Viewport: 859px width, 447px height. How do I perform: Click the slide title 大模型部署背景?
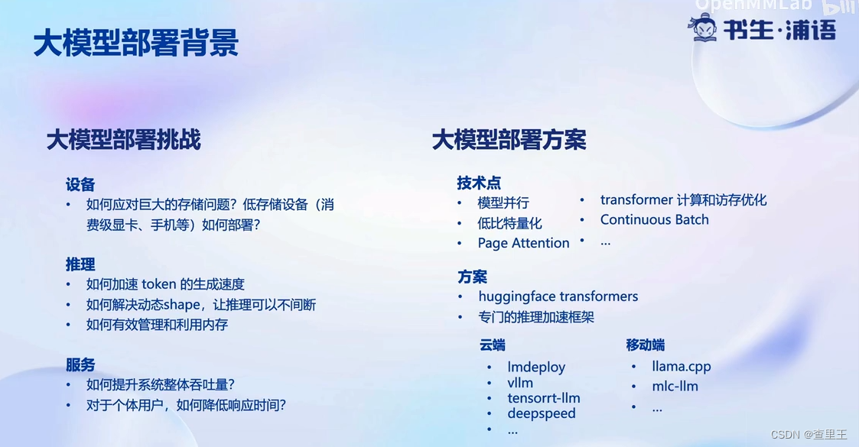(136, 44)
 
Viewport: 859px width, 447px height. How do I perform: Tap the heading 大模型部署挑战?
(124, 140)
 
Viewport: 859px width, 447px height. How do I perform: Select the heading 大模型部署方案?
(509, 140)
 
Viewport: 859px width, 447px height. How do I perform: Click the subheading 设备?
(80, 184)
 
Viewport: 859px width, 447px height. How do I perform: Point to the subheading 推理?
(80, 264)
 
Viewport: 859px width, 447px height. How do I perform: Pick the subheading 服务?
(80, 365)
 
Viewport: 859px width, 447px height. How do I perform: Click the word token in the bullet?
(159, 284)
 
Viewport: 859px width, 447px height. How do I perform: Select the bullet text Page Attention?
(523, 244)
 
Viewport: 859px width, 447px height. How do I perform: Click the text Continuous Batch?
(655, 220)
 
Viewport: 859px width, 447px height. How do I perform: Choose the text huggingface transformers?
(558, 296)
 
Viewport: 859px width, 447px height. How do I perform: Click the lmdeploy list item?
(536, 367)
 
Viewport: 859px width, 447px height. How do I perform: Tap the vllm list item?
(520, 383)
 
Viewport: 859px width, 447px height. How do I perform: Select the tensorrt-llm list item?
(543, 398)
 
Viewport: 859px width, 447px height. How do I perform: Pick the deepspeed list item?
(542, 413)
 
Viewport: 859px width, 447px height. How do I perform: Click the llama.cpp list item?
(682, 367)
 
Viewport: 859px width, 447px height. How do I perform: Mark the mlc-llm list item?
(675, 387)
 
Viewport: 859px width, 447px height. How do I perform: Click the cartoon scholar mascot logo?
(704, 28)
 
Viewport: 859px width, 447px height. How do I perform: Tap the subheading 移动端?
(646, 345)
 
